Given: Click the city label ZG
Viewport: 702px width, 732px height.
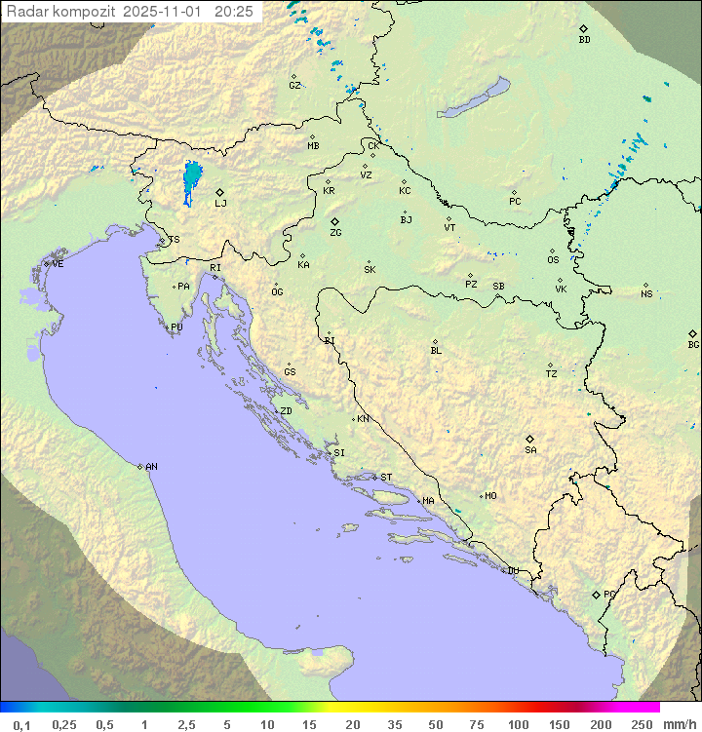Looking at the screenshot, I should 335,233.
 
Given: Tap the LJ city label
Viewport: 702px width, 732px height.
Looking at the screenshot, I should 220,203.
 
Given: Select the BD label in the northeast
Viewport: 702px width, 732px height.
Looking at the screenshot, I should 584,40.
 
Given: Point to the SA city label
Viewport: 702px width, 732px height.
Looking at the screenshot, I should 530,449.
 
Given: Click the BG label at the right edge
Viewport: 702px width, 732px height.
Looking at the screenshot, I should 693,344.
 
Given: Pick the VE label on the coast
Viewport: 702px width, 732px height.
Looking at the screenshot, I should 58,264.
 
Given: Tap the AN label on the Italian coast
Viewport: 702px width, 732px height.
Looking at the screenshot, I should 151,467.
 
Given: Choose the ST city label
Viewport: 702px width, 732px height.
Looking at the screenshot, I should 386,478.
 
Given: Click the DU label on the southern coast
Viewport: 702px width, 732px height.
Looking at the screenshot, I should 512,571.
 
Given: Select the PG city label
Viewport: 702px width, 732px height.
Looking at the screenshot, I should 609,594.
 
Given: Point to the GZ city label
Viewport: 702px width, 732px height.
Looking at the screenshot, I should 294,85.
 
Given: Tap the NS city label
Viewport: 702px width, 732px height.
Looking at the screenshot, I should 646,294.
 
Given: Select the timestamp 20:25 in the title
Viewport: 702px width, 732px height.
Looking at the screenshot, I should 233,11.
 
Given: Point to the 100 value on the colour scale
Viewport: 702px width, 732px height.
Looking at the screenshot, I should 518,724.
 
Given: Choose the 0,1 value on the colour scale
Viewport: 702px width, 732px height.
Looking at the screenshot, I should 21,724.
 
